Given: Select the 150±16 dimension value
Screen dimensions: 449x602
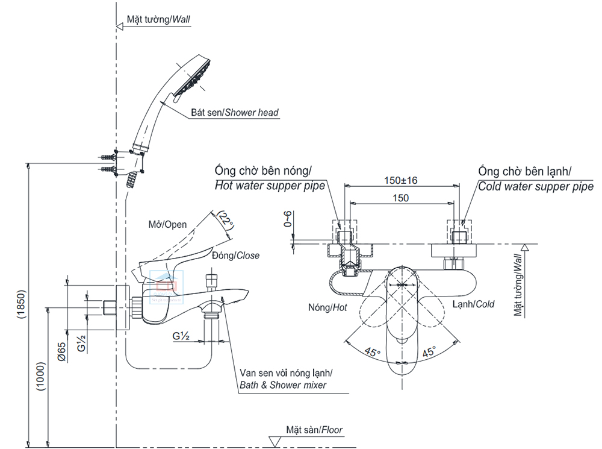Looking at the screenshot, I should [x=400, y=180].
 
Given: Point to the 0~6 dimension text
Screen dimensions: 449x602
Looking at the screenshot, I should [x=288, y=222].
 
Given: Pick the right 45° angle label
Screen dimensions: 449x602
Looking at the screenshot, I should [x=429, y=352].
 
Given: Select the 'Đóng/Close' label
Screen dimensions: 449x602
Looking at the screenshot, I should [x=235, y=256].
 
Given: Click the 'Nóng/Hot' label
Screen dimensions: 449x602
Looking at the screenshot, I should [x=328, y=307].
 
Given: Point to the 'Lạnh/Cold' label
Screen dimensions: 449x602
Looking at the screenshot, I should [x=474, y=304].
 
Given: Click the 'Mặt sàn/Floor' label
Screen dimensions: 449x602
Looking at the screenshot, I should [x=315, y=430].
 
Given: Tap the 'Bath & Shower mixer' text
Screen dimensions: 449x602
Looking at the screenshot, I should [x=282, y=385].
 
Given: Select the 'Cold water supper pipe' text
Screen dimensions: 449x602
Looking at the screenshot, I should [x=535, y=186].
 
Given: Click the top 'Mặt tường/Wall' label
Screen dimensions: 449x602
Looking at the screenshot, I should [x=158, y=19].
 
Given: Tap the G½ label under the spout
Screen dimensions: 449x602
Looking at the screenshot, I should [x=181, y=336].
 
